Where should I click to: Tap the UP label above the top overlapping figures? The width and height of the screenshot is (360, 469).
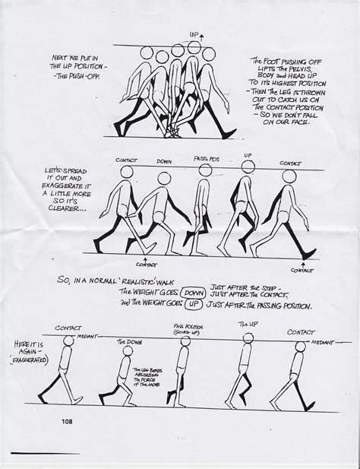pyautogui.click(x=194, y=36)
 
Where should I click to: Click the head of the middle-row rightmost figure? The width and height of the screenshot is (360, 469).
pyautogui.click(x=289, y=176)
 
